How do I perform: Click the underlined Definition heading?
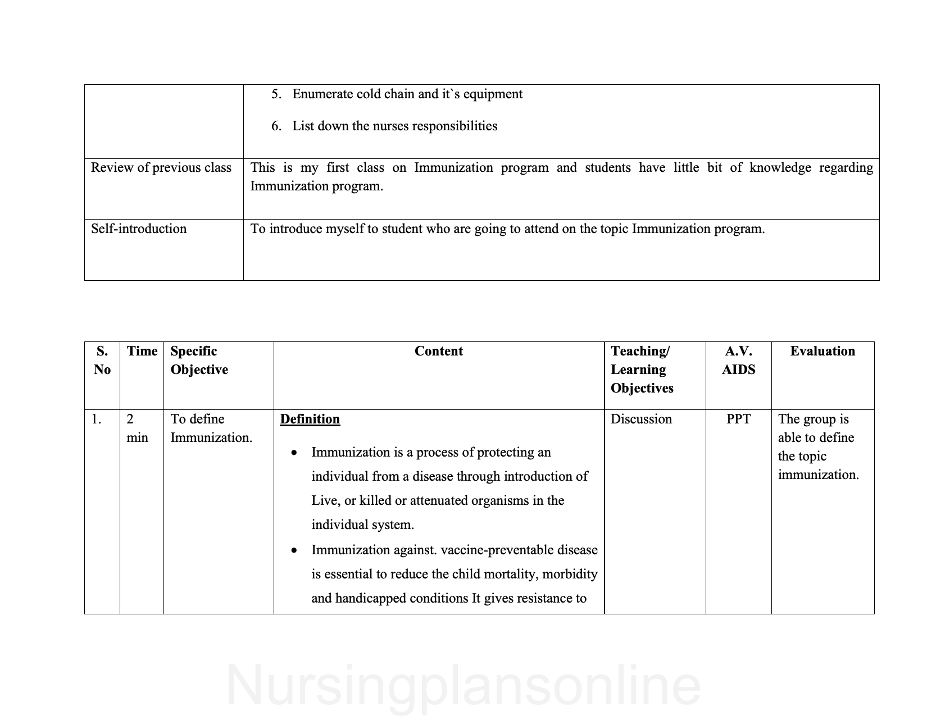pos(310,419)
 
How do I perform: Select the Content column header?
pos(438,352)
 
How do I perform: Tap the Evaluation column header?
pos(822,352)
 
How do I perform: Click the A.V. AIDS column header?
pos(738,361)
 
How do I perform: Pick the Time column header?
pos(142,352)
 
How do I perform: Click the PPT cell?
pos(738,419)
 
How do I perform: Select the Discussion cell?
pos(641,419)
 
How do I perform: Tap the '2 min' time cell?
pos(137,428)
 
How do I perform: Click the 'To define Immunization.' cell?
pos(211,428)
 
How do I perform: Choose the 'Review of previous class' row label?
pos(161,168)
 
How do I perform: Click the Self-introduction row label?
pos(139,229)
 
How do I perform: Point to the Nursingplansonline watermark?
pos(463,686)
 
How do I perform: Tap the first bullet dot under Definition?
pos(294,453)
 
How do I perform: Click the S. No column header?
pos(102,361)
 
